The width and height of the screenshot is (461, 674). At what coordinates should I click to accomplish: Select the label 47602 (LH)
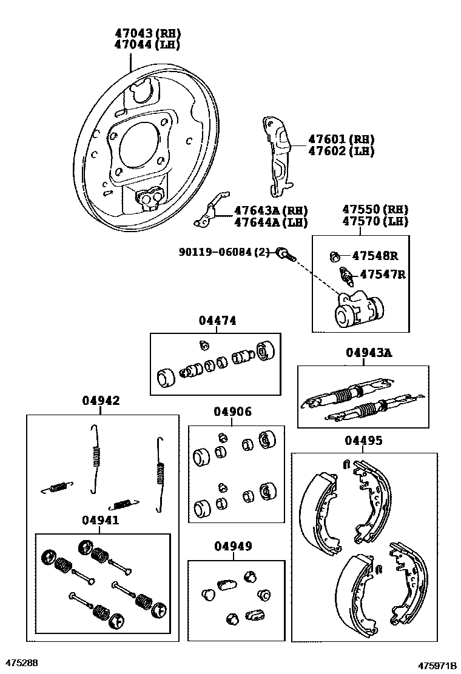point(341,152)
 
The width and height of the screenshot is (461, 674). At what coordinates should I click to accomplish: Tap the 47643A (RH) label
point(271,211)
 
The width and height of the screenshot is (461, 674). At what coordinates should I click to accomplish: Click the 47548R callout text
point(379,256)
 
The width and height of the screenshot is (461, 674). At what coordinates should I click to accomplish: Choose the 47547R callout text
point(382,275)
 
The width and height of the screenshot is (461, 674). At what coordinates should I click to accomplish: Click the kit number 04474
point(217,321)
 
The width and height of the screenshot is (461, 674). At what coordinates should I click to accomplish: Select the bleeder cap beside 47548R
point(334,256)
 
